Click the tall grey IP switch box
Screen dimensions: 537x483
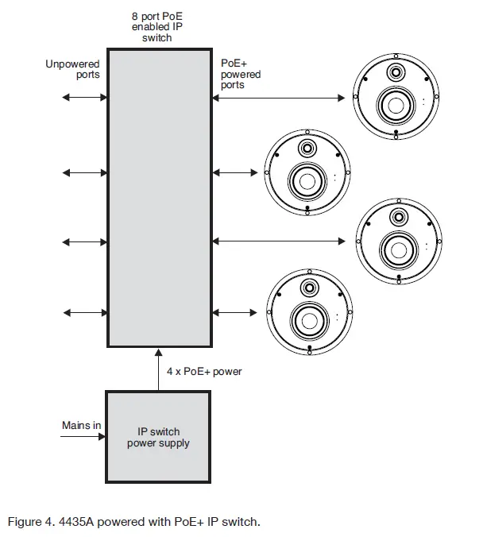(x=159, y=199)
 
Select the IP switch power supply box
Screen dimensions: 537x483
(x=158, y=436)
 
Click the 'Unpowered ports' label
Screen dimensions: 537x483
(x=72, y=69)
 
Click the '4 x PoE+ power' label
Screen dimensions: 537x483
(x=204, y=371)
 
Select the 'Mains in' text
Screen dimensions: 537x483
(x=81, y=426)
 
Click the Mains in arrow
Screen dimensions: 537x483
(x=83, y=436)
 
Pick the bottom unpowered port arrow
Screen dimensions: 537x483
(x=84, y=313)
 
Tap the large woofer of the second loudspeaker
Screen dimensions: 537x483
(x=306, y=180)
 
